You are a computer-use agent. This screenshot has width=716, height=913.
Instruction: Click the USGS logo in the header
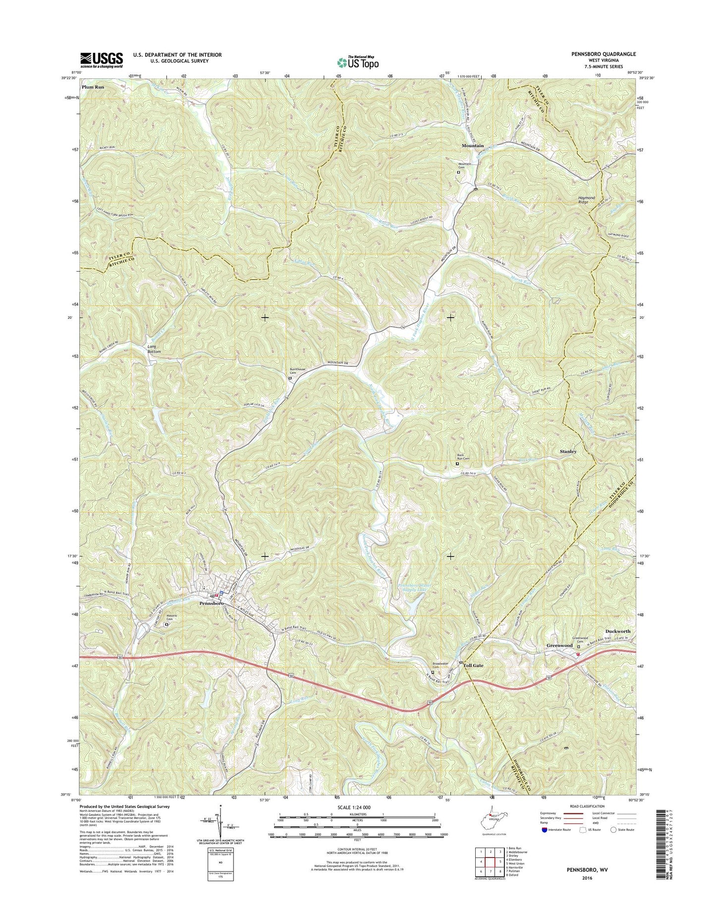[102, 60]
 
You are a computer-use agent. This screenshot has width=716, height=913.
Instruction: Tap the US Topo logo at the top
[358, 62]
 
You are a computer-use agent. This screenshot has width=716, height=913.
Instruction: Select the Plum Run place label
[93, 87]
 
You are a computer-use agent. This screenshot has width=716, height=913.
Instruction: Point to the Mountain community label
[472, 146]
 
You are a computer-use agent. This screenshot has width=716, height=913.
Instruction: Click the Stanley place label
[568, 452]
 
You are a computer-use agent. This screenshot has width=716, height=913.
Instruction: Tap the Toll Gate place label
[473, 665]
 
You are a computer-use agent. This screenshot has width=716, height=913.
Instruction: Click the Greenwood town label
[559, 646]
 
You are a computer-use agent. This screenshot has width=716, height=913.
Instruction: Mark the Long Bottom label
[154, 349]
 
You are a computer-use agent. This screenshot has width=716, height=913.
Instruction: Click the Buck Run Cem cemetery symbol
[457, 464]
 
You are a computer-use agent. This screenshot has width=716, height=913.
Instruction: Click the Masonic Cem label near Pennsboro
[171, 618]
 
